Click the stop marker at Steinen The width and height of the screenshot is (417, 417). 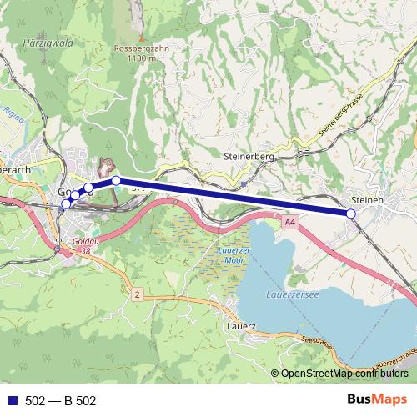(351, 214)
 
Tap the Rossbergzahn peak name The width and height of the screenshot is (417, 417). (135, 48)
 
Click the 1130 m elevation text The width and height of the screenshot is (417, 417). (135, 58)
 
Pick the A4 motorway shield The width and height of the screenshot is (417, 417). (289, 223)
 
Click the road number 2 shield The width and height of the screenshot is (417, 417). (136, 294)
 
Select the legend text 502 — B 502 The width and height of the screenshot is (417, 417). (61, 401)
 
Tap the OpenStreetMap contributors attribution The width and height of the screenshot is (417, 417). (344, 374)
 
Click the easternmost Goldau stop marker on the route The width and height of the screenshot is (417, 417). (117, 180)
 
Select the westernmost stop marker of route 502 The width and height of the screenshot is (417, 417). (67, 203)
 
